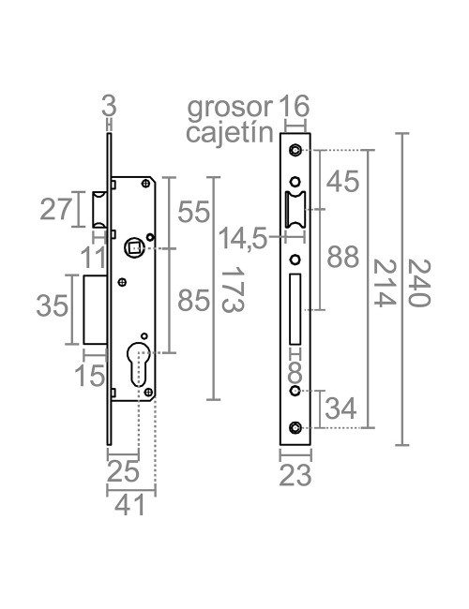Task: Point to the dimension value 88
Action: [344, 258]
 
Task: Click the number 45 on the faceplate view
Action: [344, 182]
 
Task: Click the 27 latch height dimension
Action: [55, 210]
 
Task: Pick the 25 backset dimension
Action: [123, 468]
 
